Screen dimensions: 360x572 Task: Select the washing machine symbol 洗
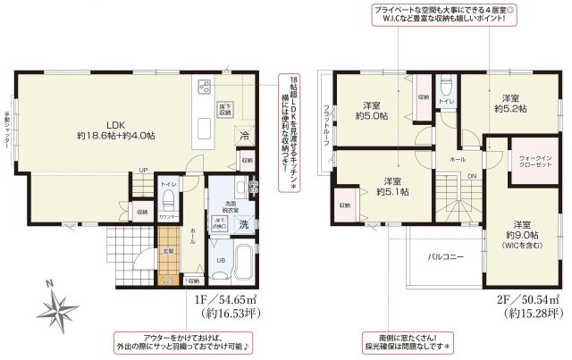(243, 224)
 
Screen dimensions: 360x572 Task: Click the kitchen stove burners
(203, 87)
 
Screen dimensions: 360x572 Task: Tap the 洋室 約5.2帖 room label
(510, 102)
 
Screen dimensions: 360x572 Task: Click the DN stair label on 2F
(474, 177)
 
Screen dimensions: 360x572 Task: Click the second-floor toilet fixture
(447, 88)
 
